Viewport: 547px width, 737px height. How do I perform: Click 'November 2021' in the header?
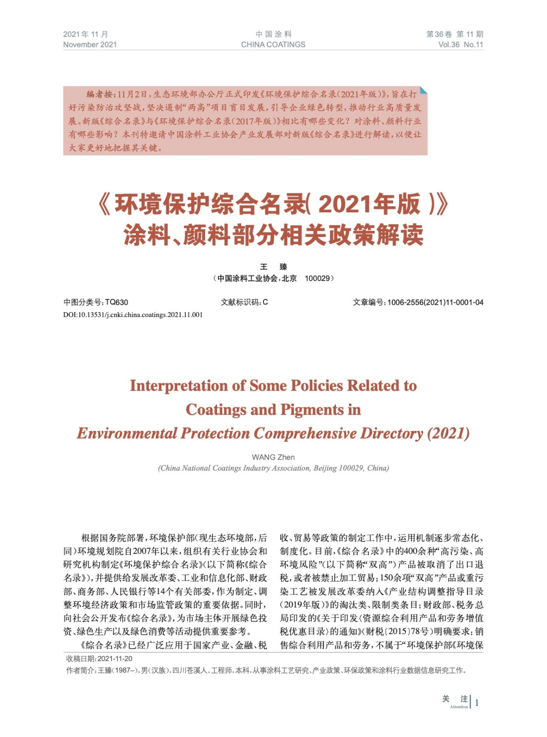(x=90, y=45)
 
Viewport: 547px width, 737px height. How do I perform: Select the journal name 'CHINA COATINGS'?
(x=273, y=45)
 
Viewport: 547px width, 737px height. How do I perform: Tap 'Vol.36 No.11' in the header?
(x=460, y=45)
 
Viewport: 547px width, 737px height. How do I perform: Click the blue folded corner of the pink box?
(x=423, y=90)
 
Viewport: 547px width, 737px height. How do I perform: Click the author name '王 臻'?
(x=273, y=267)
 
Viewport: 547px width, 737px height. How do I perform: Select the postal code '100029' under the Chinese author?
(x=318, y=278)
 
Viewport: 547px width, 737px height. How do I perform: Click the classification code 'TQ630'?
(x=117, y=302)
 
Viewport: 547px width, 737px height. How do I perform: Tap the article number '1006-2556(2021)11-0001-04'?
(x=435, y=302)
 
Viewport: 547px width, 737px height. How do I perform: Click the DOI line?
(x=133, y=315)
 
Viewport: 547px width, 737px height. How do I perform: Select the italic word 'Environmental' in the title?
(x=127, y=433)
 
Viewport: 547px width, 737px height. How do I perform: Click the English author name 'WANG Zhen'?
(x=273, y=457)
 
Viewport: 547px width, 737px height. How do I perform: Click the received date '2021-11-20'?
(x=115, y=659)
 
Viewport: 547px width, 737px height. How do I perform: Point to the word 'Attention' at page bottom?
(x=459, y=707)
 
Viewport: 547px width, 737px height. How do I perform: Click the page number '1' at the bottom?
(x=477, y=702)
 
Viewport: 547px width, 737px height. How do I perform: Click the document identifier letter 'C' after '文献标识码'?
(x=265, y=302)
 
